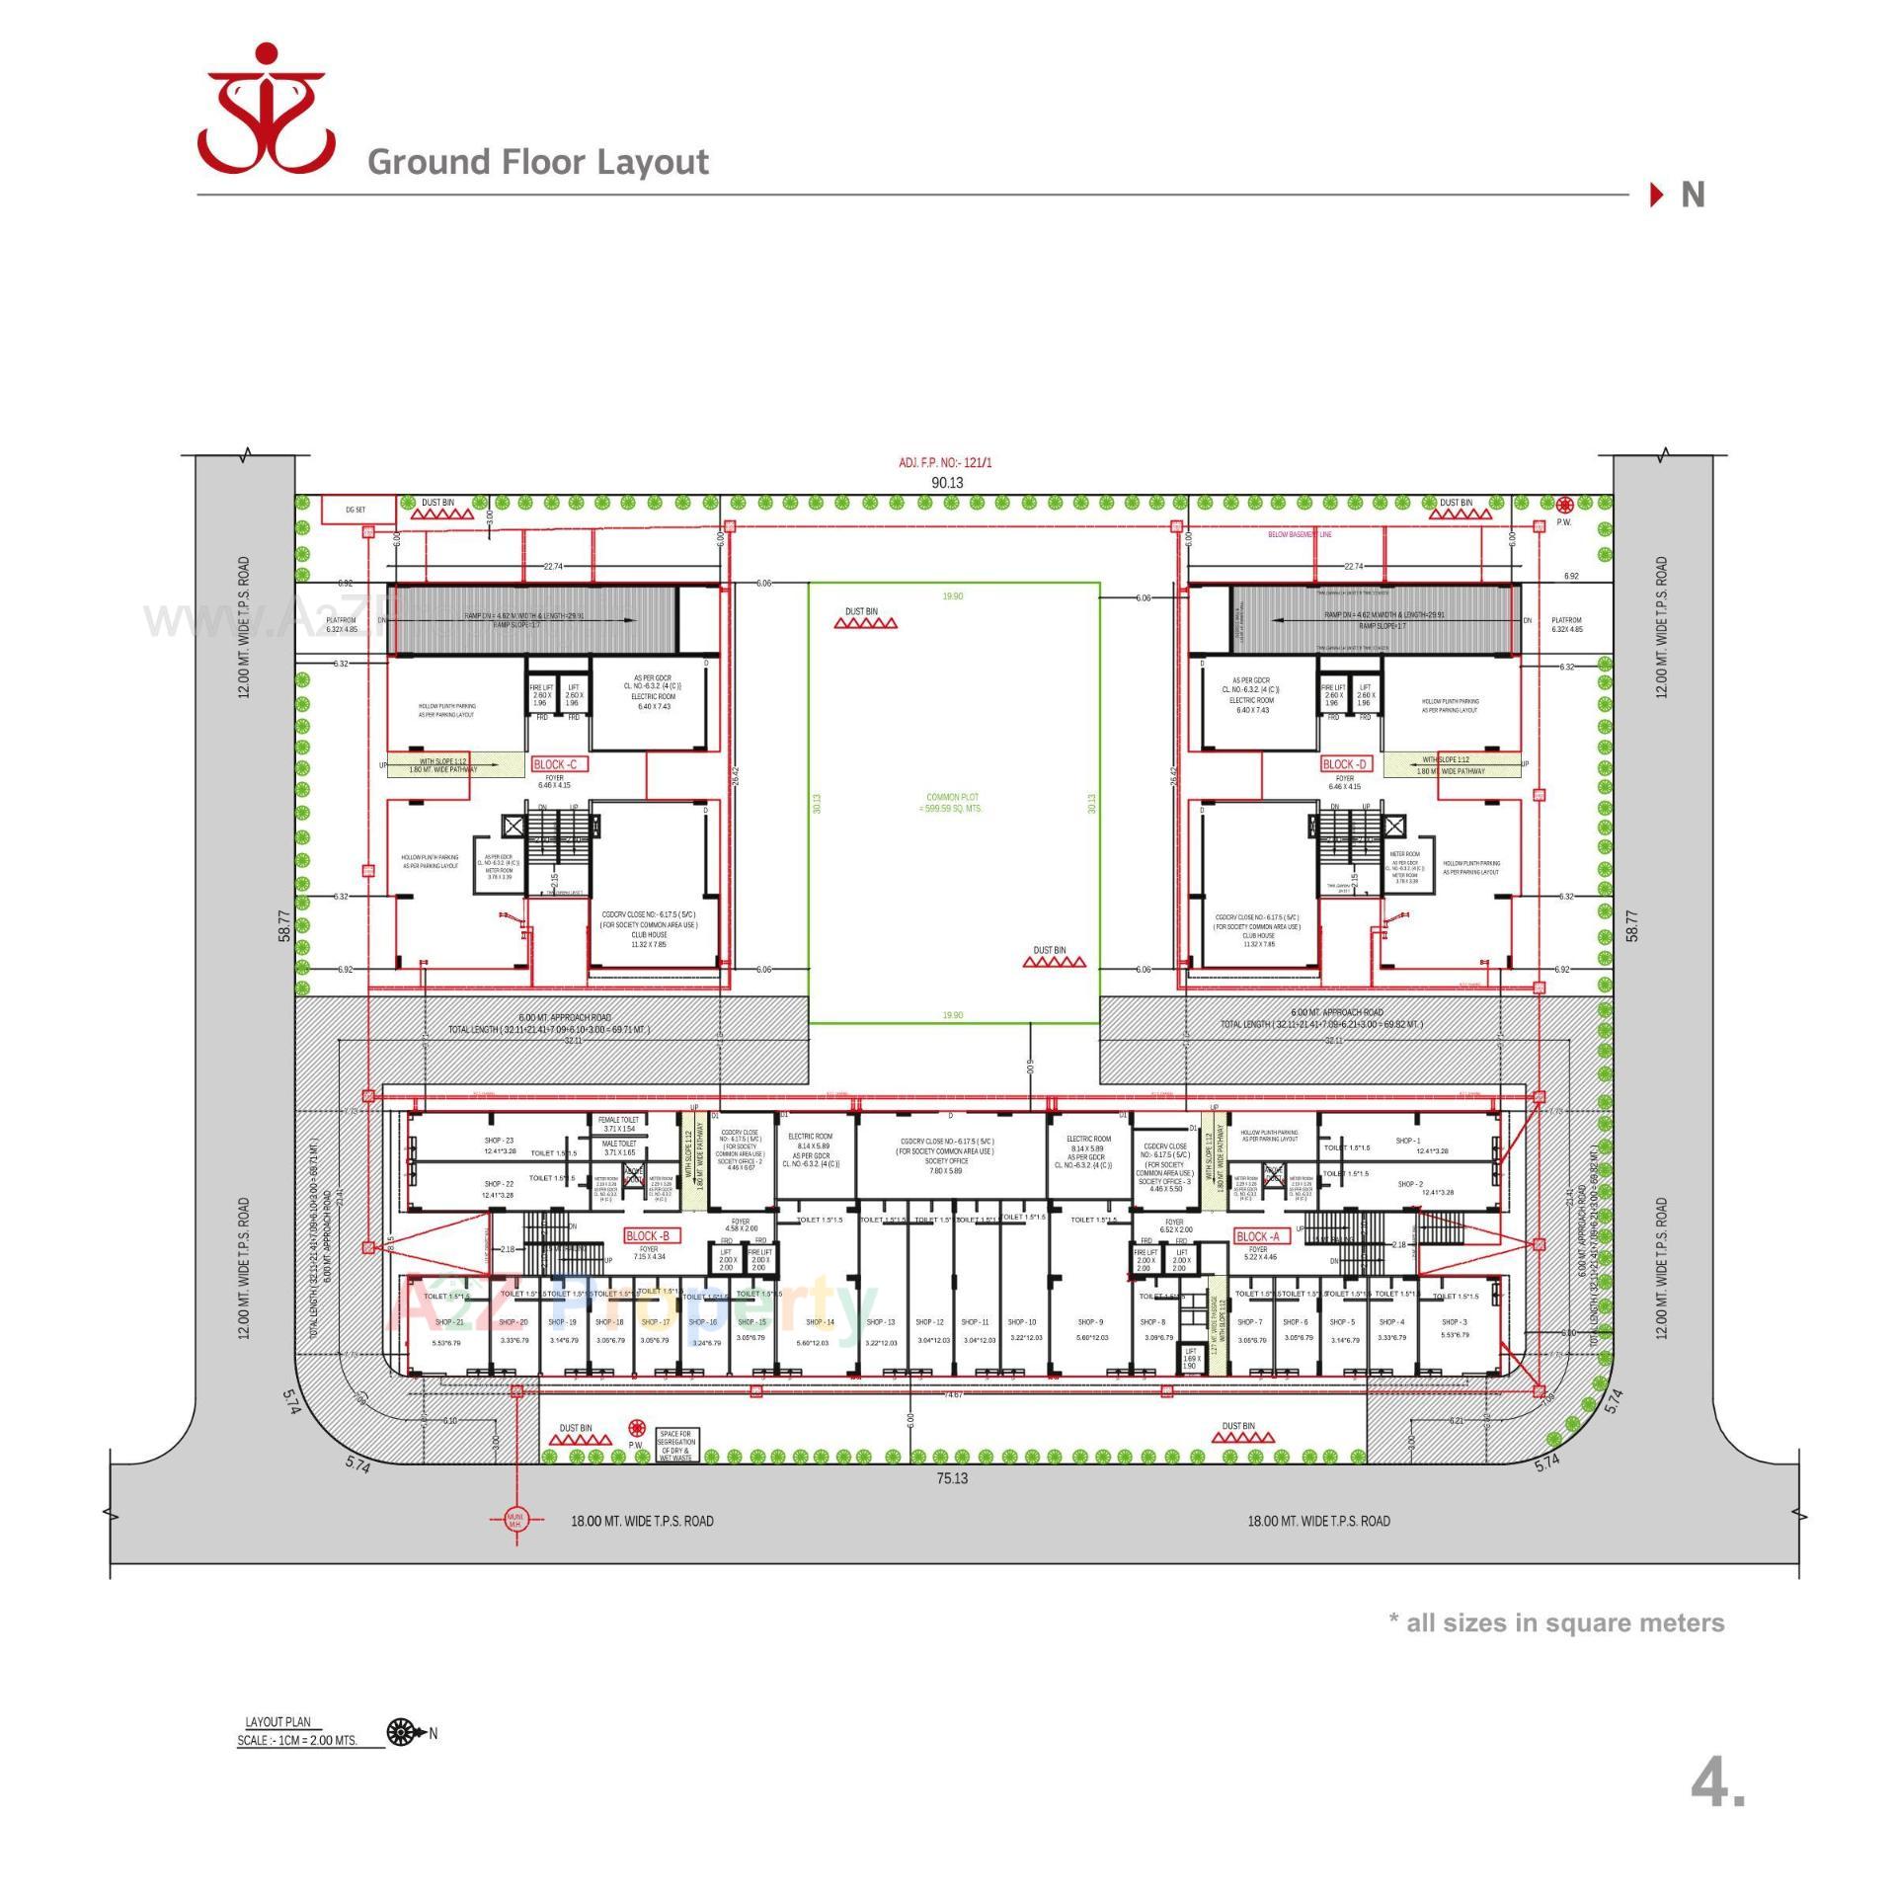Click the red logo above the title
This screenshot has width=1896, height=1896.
[x=265, y=108]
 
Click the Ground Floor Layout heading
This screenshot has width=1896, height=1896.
[x=538, y=162]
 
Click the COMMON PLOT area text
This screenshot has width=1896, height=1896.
[x=953, y=802]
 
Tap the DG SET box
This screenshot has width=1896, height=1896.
[x=357, y=510]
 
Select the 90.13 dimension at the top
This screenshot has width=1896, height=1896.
[x=947, y=483]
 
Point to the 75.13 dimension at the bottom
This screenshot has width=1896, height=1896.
[x=952, y=1478]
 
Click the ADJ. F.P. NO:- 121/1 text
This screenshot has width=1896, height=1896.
[x=944, y=463]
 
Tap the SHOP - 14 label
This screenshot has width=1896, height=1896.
[x=820, y=1322]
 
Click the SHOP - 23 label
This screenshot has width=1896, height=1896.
[x=499, y=1141]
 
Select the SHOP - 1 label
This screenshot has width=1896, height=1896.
[x=1408, y=1141]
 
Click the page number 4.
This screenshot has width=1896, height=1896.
[x=1717, y=1783]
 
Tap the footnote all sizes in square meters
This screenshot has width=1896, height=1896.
[x=1556, y=1622]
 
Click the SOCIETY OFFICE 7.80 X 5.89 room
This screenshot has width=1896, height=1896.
[x=946, y=1161]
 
